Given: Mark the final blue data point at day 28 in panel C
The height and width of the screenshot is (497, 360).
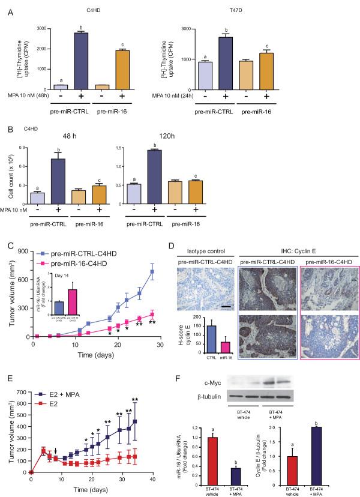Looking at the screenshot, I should (x=152, y=272).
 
